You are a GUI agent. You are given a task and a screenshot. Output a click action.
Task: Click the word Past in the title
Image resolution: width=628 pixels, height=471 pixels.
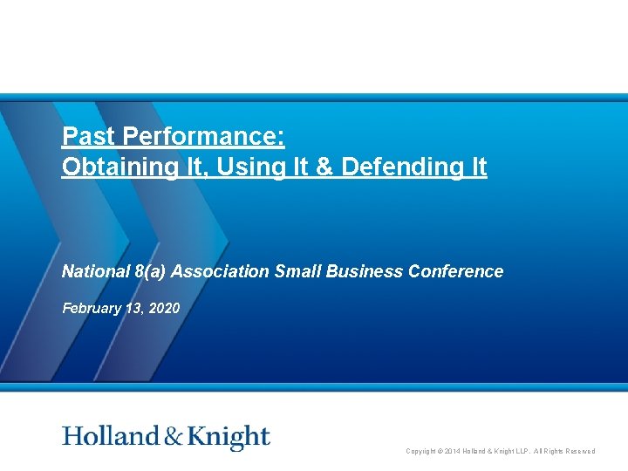coord(86,137)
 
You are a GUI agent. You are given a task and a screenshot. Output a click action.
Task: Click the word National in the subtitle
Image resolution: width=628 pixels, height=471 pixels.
coord(95,271)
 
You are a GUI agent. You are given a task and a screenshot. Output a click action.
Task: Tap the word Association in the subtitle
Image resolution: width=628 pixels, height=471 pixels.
coord(221,271)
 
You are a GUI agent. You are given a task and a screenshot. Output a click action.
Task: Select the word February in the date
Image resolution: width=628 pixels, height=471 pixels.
coord(92,307)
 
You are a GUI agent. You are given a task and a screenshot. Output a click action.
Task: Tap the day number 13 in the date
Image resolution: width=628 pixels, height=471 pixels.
coord(135,307)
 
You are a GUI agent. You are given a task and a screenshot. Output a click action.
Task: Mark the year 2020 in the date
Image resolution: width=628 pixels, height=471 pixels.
coord(165,307)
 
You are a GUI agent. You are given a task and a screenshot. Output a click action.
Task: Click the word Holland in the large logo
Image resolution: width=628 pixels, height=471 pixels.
coord(111,437)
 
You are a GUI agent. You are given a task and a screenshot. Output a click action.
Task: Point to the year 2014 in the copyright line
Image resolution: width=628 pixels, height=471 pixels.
coord(450,451)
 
